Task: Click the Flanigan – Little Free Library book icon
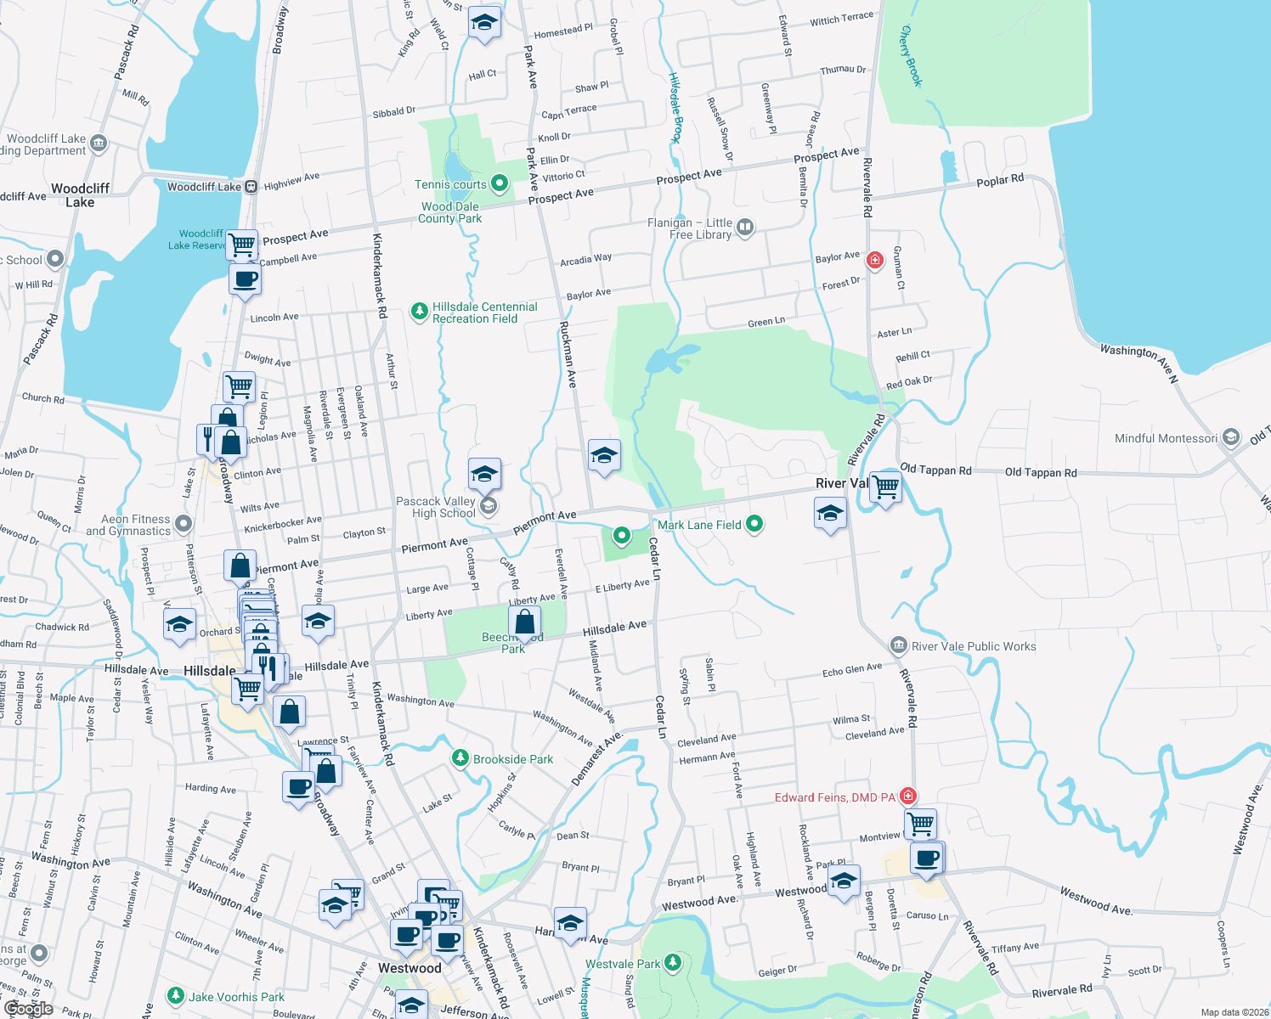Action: tap(745, 227)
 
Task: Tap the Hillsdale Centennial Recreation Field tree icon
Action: tap(419, 312)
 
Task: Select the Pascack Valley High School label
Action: tap(436, 507)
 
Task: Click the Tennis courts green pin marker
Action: tap(500, 183)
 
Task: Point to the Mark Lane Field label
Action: tap(699, 525)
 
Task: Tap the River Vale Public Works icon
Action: tap(898, 645)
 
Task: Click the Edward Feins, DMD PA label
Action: tap(834, 797)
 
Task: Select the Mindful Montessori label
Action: tap(1166, 438)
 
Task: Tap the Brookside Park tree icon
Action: tap(460, 757)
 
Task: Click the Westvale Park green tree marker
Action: tap(673, 962)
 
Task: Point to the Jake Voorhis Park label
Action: tap(236, 997)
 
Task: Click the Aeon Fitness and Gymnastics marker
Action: tap(184, 523)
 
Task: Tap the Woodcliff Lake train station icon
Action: tap(251, 187)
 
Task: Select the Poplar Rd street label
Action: tap(1000, 181)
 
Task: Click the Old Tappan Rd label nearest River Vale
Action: tap(935, 470)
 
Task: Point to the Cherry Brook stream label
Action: tap(910, 56)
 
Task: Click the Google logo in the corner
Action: tap(28, 1008)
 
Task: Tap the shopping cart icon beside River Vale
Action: tap(885, 487)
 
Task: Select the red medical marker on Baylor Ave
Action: tap(874, 260)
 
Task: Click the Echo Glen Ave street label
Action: tap(852, 670)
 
